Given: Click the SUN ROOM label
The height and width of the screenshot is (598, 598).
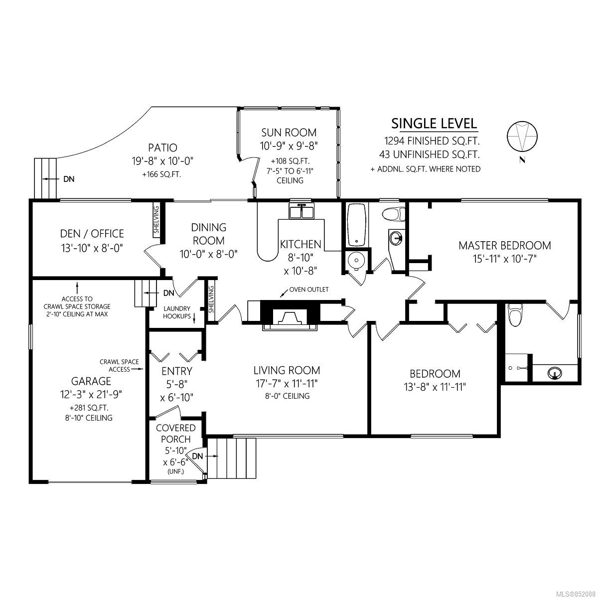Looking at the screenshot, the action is pos(289,133).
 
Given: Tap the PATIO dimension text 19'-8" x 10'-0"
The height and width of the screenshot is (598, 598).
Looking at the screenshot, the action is pos(162,161).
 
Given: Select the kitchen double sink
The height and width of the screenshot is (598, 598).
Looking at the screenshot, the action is pos(301,211).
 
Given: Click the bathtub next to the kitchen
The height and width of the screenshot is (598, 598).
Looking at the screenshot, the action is pos(357,224).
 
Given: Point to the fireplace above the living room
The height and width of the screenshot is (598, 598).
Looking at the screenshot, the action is pos(290,315).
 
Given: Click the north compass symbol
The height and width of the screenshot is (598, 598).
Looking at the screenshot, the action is pos(522,137).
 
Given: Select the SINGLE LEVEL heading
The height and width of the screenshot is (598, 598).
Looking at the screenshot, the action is pos(434,124).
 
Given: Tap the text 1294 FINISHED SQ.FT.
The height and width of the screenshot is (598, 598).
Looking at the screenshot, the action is pos(432,141).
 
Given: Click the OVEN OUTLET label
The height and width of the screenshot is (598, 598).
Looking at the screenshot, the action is pos(309,290).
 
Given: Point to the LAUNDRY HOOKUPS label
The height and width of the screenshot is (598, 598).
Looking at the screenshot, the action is pos(177,312).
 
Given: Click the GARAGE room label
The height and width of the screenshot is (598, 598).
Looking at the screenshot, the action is pos(91,381).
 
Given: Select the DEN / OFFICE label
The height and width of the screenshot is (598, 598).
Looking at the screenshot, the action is pos(92,233).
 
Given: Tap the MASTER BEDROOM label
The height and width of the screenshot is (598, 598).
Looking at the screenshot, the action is pos(505,246).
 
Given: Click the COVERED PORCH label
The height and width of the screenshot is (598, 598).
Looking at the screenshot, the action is pos(175,434).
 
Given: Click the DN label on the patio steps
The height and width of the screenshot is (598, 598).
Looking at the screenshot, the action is pos(69,179).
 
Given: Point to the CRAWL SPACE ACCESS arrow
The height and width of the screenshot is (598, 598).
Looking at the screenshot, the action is pos(137,369).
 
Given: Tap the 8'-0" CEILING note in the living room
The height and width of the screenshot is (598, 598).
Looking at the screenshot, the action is pos(288,396).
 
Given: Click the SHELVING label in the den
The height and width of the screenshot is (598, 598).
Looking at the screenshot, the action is pos(156,220).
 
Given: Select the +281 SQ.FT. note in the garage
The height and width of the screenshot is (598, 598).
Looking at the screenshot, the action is pos(89,408).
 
